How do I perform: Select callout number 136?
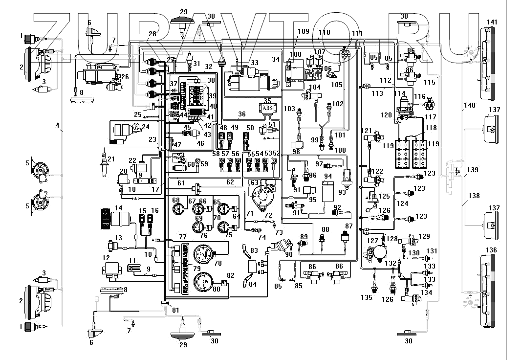tap(491, 250)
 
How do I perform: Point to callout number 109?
tap(303, 31)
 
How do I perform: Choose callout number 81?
tap(175, 309)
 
